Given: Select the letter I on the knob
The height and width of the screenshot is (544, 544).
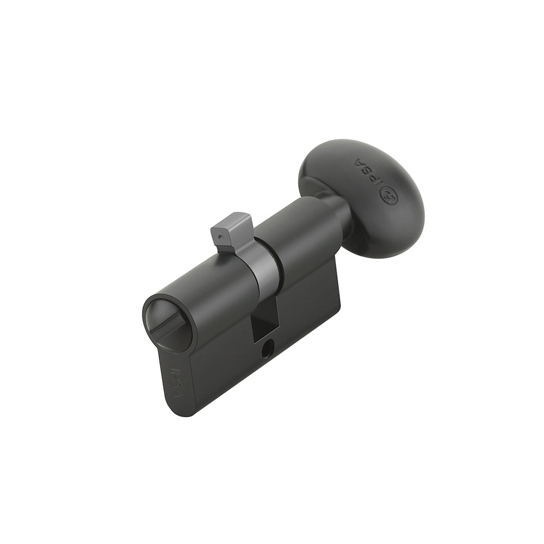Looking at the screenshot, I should click(379, 183).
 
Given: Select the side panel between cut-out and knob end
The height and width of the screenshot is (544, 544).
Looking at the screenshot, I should click(310, 305).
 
